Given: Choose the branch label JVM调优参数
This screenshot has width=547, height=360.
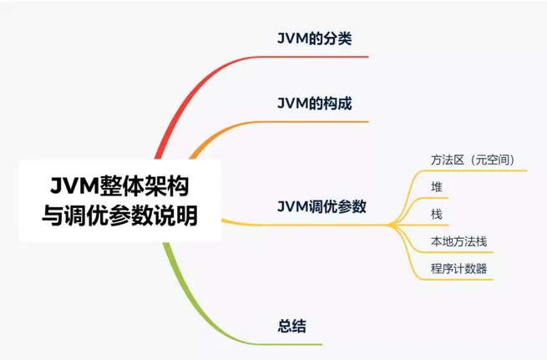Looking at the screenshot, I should click(322, 206).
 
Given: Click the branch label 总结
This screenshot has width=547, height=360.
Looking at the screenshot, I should click(291, 326).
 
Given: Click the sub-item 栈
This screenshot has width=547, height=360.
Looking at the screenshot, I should click(437, 215).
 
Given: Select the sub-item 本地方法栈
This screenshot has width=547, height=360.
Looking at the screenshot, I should click(458, 241).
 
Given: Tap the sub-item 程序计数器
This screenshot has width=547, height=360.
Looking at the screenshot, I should click(458, 269).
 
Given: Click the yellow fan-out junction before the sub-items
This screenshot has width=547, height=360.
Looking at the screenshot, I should click(393, 224).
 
